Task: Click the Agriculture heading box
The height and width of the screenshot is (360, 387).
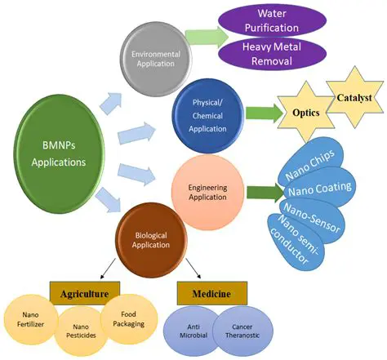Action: click(84, 293)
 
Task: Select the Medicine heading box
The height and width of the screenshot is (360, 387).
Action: click(206, 293)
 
